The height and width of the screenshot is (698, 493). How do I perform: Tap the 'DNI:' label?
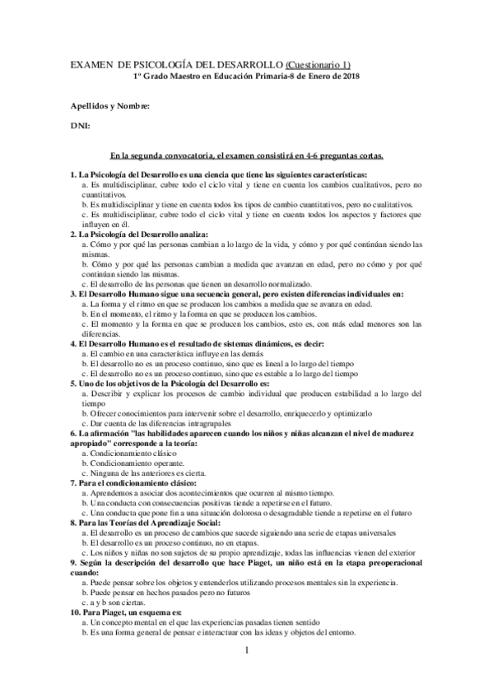[81, 126]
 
